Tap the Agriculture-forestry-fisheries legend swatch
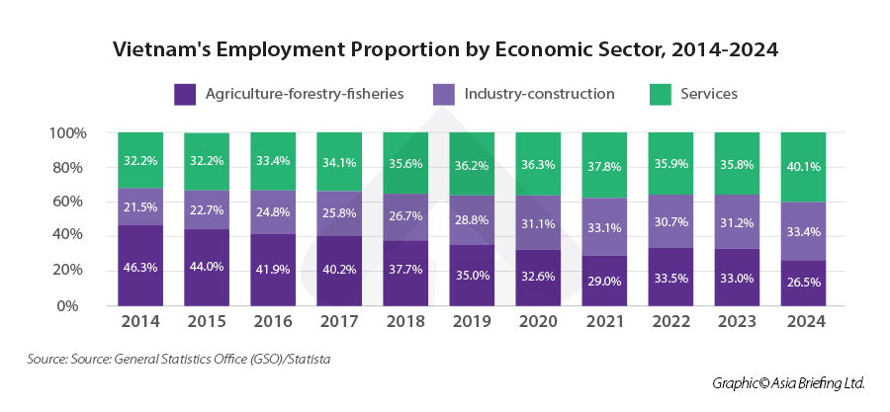tap(185, 94)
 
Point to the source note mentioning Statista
tap(179, 360)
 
